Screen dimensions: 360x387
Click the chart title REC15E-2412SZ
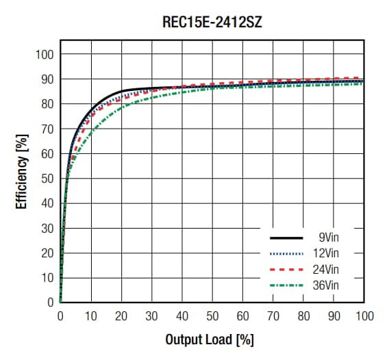tap(212, 22)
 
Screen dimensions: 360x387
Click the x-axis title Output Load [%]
tap(209, 339)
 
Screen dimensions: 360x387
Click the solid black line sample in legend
tap(286, 238)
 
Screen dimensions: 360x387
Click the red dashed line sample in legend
tap(286, 268)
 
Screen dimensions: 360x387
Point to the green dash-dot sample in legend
tap(286, 283)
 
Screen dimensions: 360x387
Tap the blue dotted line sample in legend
tap(286, 253)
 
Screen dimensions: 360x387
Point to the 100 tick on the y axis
tap(45, 55)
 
